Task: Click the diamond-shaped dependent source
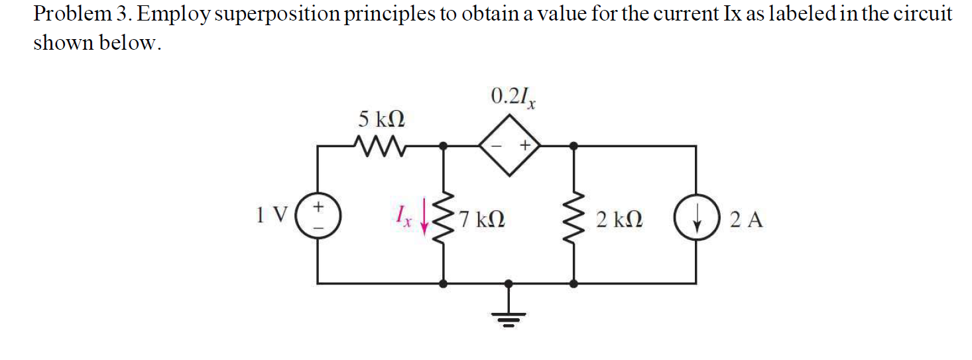tap(509, 145)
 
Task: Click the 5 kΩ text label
tap(382, 120)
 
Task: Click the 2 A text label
tap(747, 219)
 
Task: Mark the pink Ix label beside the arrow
tap(404, 216)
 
